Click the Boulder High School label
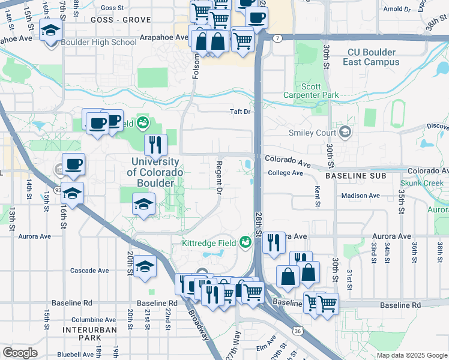[x=99, y=43]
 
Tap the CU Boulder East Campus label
[x=372, y=57]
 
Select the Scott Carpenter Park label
[x=311, y=91]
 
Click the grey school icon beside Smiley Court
[x=345, y=132]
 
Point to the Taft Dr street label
[x=240, y=112]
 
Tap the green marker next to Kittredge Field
[x=245, y=242]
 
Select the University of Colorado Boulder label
[x=154, y=172]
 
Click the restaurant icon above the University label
[x=154, y=143]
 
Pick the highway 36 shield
[x=298, y=330]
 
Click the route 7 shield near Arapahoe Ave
[x=277, y=38]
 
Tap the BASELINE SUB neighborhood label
[x=351, y=177]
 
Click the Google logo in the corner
[x=20, y=353]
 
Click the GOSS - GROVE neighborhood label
[x=121, y=20]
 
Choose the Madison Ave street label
[x=360, y=196]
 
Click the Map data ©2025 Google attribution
[x=411, y=355]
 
